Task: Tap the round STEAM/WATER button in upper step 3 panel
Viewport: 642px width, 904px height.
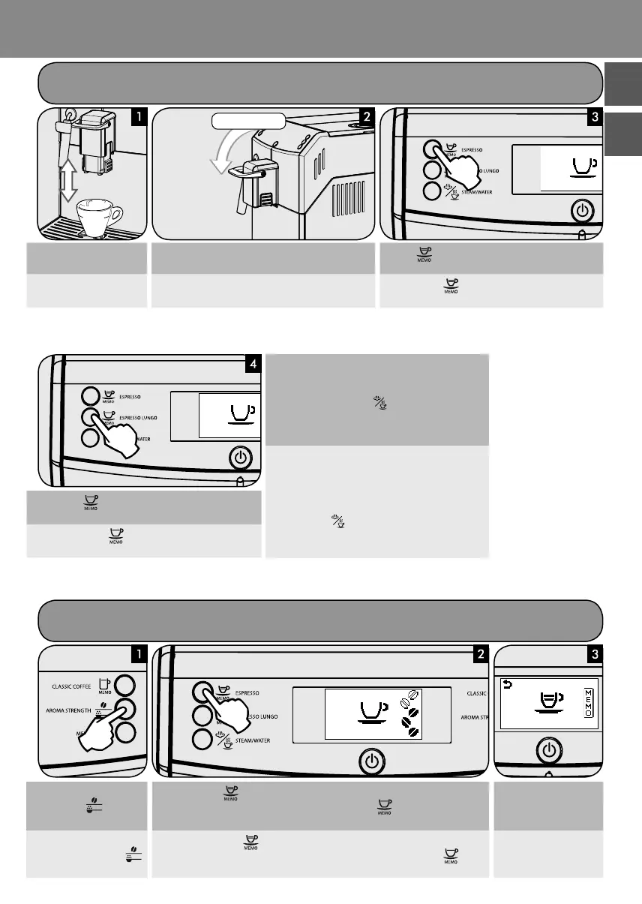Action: [x=433, y=191]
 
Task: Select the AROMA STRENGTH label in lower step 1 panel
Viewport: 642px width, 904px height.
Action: [x=67, y=708]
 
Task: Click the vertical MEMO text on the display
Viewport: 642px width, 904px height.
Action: [x=588, y=701]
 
